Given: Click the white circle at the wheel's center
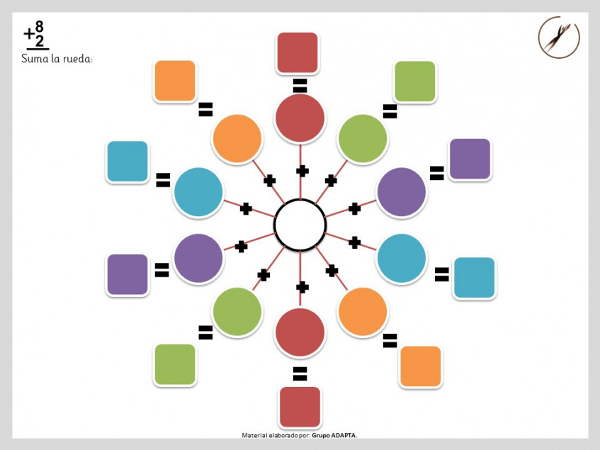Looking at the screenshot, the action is coord(300,225).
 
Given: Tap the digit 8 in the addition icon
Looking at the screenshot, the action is coord(39,27).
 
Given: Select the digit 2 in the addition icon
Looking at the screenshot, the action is coord(40,41).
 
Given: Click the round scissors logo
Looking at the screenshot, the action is coord(559,37).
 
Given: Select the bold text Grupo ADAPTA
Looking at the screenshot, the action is coord(334,435).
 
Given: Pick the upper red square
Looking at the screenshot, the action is coord(298,52).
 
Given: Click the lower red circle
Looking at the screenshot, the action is coord(300,332).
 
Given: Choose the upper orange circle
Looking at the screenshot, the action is coord(237,138).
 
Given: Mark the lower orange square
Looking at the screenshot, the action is coord(420,366).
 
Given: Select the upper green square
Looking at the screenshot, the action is coord(415,81).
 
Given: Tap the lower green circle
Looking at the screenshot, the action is coord(237,312).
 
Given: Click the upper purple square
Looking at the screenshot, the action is coord(470,159).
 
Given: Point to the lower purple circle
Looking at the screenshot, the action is coord(198,258).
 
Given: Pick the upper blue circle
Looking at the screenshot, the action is coord(198,192).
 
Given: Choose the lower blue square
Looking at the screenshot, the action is coord(474,277).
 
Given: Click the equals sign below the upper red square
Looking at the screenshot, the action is coord(300,86).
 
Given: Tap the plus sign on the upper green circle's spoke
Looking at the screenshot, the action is coord(331,181).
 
